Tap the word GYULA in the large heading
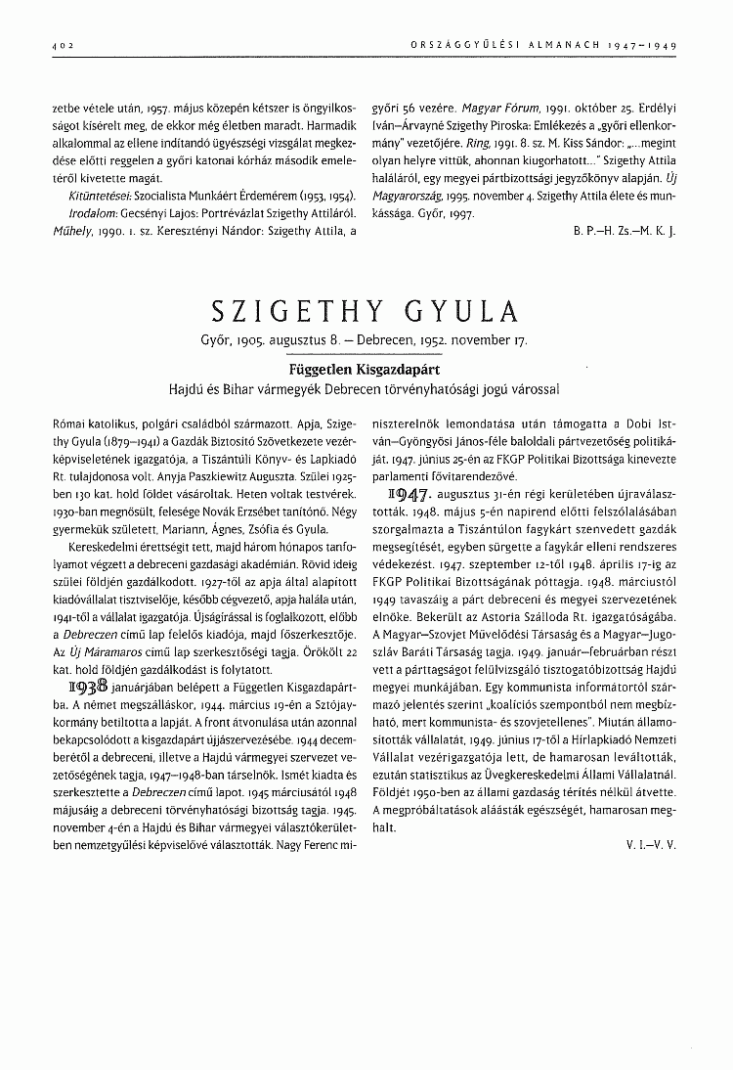[466, 311]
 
